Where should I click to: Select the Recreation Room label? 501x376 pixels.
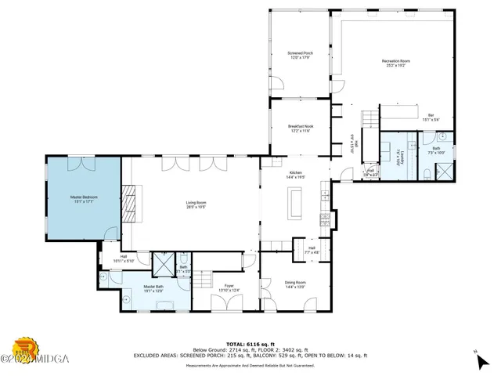click(x=395, y=62)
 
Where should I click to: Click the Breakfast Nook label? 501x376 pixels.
click(x=301, y=128)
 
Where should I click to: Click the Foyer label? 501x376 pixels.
click(x=229, y=287)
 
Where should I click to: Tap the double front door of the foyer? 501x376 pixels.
click(x=227, y=311)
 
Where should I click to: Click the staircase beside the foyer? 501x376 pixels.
click(x=204, y=279)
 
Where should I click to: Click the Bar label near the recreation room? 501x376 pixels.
click(x=430, y=117)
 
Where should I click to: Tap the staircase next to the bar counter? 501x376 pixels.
click(x=369, y=119)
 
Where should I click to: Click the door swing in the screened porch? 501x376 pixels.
click(x=276, y=84)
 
